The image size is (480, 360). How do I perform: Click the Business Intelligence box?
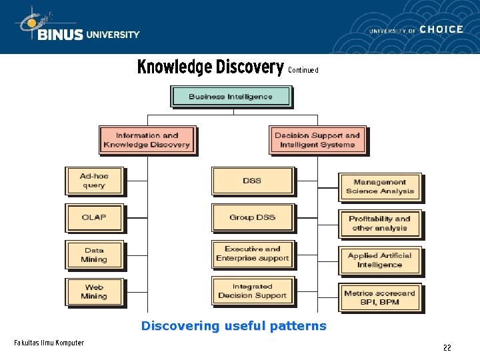231,97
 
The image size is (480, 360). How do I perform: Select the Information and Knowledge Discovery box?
147,140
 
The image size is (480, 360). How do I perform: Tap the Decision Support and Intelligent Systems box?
317,140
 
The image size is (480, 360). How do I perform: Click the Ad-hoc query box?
94,181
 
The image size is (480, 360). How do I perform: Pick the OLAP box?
94,217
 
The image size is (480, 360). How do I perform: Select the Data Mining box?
94,255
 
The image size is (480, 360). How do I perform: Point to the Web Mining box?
94,291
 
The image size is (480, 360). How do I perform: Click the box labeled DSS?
252,181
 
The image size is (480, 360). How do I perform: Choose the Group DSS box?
252,217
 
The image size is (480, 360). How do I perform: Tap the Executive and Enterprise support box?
252,254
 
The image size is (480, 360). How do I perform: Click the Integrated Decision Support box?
252,291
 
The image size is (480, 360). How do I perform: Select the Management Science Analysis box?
380,187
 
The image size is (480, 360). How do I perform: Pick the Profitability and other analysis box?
380,223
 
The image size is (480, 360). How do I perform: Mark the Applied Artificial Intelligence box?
380,260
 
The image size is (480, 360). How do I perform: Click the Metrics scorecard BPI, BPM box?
380,297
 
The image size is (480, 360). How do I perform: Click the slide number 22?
447,348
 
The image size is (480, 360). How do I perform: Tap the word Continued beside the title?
303,70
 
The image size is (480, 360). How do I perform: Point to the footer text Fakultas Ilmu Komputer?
49,343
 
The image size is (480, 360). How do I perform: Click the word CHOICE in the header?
441,29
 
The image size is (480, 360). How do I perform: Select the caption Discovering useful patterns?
233,326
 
